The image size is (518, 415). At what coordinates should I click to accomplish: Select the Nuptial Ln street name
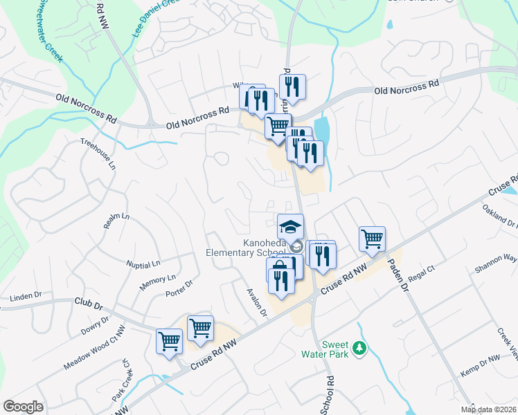(143, 264)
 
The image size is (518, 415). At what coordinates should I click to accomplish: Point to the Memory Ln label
(157, 281)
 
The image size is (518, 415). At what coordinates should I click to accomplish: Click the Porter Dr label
(179, 288)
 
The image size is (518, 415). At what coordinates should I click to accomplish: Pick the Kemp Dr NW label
(482, 360)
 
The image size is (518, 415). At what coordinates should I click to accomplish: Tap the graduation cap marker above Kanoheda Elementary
(291, 225)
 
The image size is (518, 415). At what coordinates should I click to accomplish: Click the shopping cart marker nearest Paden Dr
(372, 239)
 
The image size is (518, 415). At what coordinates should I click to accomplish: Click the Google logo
(24, 406)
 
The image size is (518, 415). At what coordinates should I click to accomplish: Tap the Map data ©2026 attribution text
(488, 409)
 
